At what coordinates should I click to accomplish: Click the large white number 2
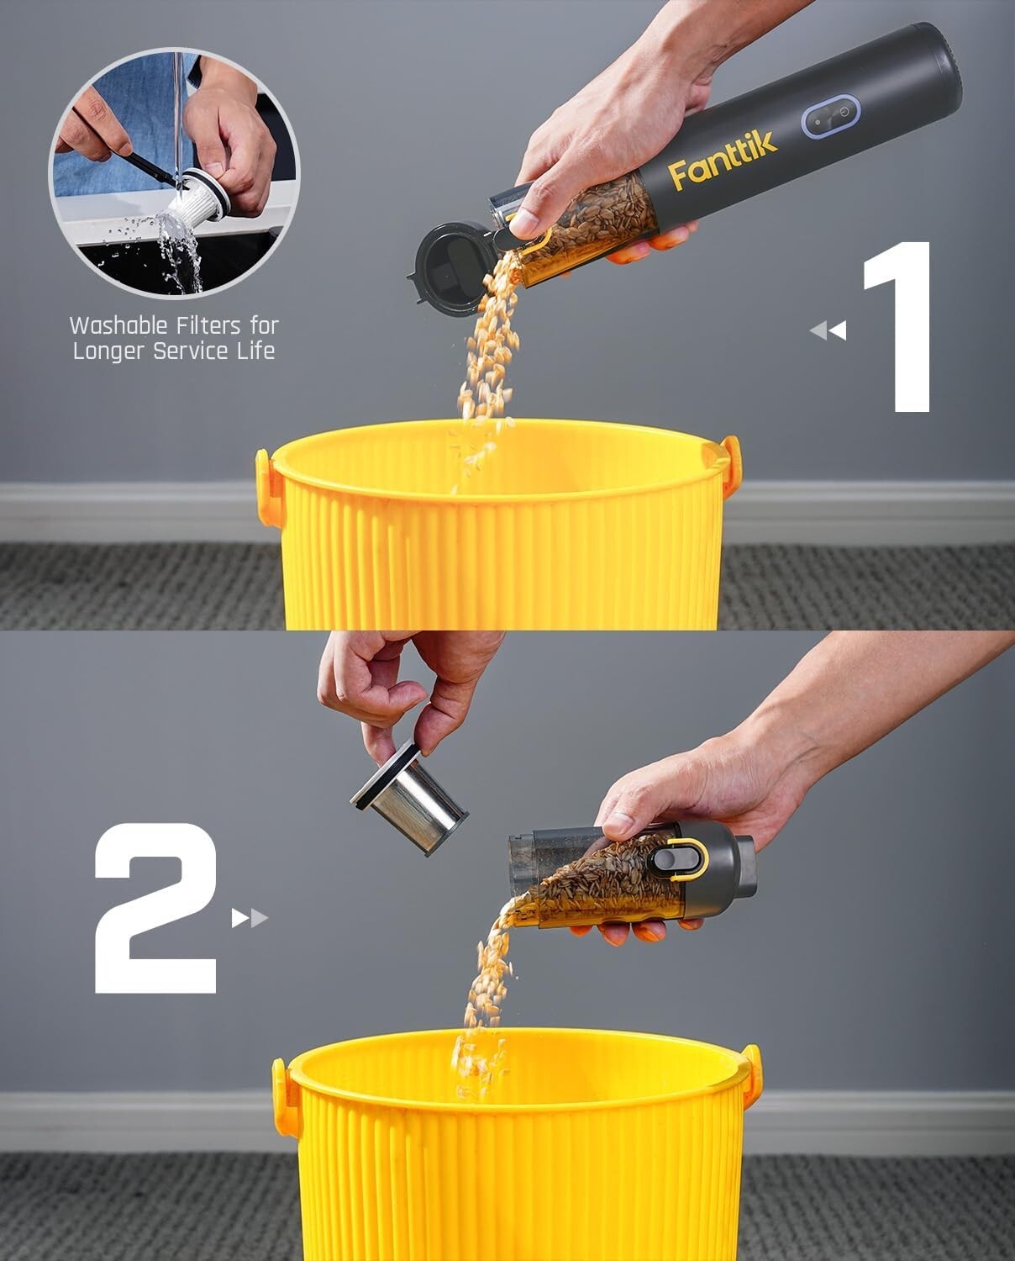[156, 908]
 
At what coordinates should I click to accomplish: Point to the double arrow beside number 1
[828, 330]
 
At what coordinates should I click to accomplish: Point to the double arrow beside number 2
[250, 918]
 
